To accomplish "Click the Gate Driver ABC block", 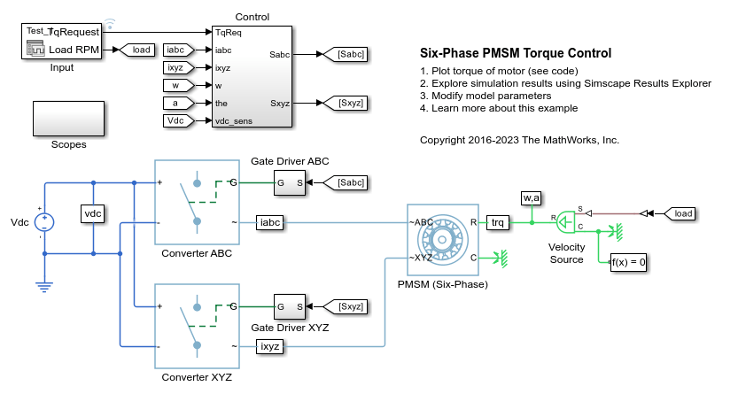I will point(290,183).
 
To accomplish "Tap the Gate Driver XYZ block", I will point(290,306).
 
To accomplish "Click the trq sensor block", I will point(500,223).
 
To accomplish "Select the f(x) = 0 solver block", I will point(629,261).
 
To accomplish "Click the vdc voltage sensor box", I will point(94,214).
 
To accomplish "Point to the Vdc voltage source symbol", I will point(45,221).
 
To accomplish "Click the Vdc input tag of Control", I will point(176,120).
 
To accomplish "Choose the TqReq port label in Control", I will point(229,32).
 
